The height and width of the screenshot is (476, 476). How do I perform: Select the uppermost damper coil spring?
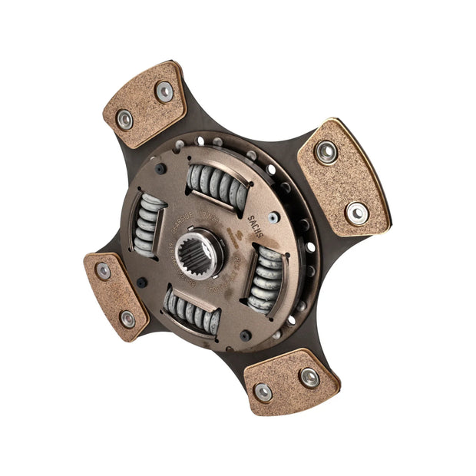218,188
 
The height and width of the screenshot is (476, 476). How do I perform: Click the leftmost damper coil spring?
148,224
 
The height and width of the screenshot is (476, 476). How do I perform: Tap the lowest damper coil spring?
193,311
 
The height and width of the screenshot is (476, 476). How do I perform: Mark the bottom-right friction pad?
291,382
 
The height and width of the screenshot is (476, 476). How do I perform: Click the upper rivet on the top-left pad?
164,91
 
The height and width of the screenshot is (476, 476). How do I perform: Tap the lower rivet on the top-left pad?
124,118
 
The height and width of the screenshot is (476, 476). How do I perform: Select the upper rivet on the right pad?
326,152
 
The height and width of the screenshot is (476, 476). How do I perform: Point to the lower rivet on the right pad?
356,212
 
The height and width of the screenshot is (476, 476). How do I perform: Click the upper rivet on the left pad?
103,271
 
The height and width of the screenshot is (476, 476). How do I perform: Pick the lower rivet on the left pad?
127,318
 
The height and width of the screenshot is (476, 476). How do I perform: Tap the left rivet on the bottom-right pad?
263,392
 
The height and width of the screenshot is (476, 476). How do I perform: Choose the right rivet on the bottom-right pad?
309,377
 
